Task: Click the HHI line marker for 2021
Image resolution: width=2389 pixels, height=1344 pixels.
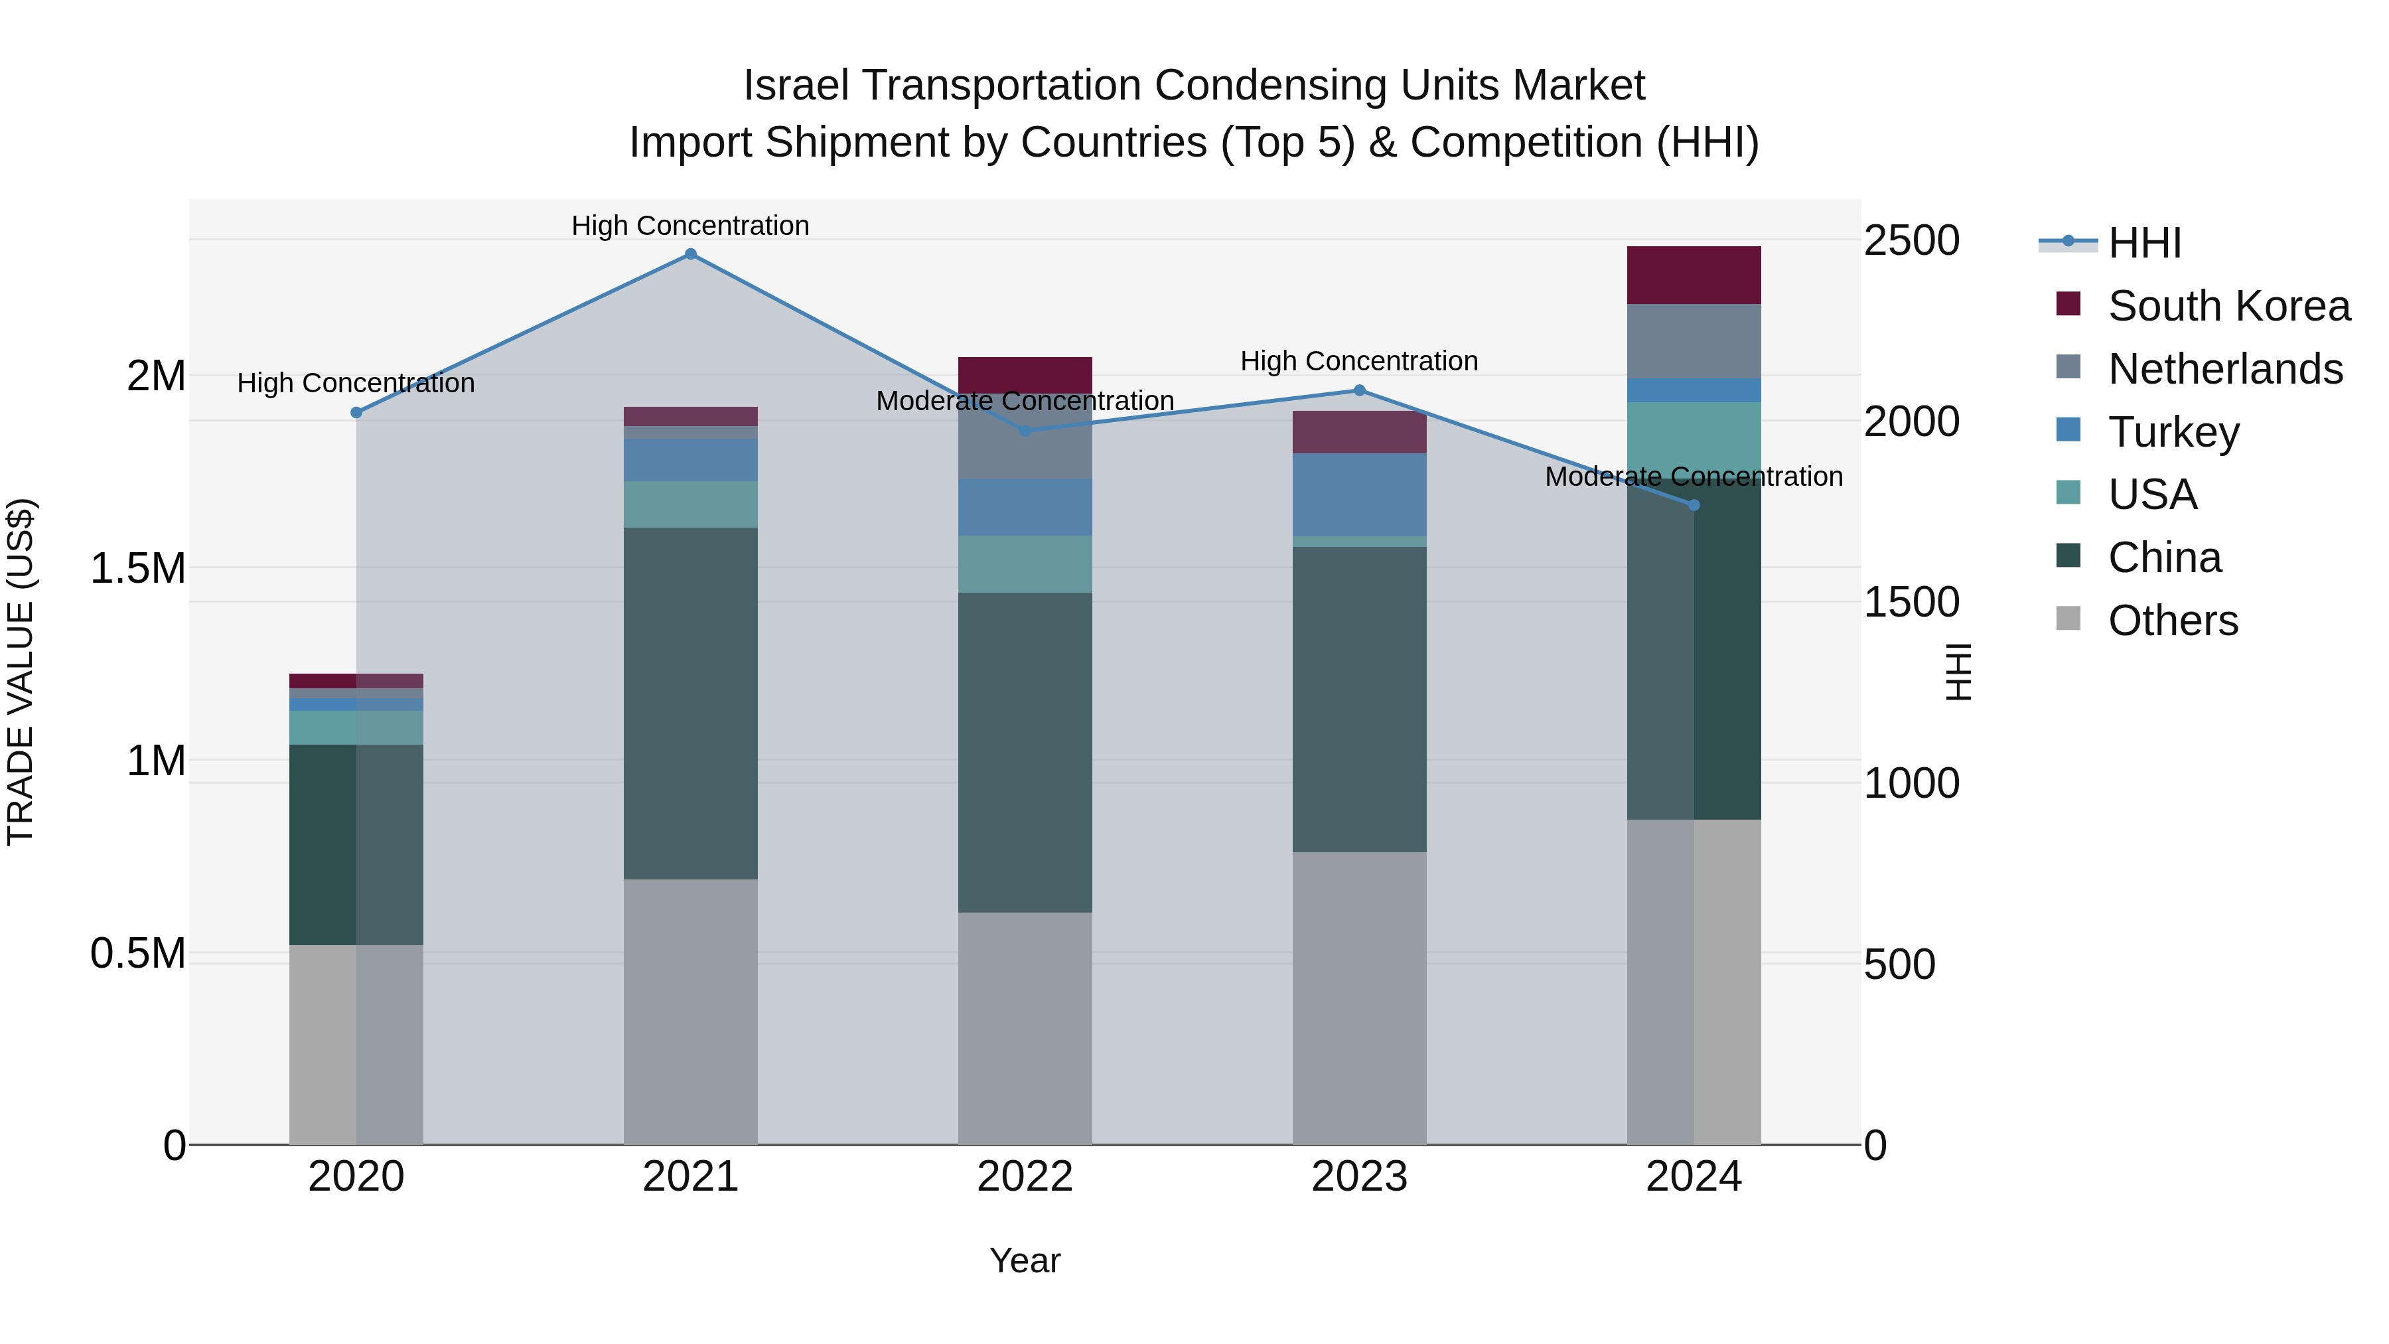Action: tap(690, 254)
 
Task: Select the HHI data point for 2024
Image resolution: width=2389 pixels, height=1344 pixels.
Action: tap(1694, 504)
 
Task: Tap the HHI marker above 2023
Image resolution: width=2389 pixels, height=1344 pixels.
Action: tap(1360, 390)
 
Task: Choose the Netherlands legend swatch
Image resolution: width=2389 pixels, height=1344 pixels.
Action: tap(2068, 367)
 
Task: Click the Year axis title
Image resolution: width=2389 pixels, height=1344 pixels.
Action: tap(1025, 1260)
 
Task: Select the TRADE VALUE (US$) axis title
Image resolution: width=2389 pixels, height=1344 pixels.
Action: tap(21, 672)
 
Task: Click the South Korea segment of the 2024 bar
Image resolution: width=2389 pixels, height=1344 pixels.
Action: tap(1694, 275)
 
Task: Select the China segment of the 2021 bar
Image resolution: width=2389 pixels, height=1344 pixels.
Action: tap(690, 703)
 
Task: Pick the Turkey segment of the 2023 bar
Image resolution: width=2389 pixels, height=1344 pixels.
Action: tap(1360, 494)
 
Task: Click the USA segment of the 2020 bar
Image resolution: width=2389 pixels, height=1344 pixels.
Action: tap(356, 727)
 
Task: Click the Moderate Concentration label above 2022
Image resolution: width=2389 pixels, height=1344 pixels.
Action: tap(1025, 401)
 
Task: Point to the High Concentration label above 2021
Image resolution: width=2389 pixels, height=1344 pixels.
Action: tap(690, 226)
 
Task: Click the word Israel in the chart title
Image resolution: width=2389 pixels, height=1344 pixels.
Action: tap(801, 86)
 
